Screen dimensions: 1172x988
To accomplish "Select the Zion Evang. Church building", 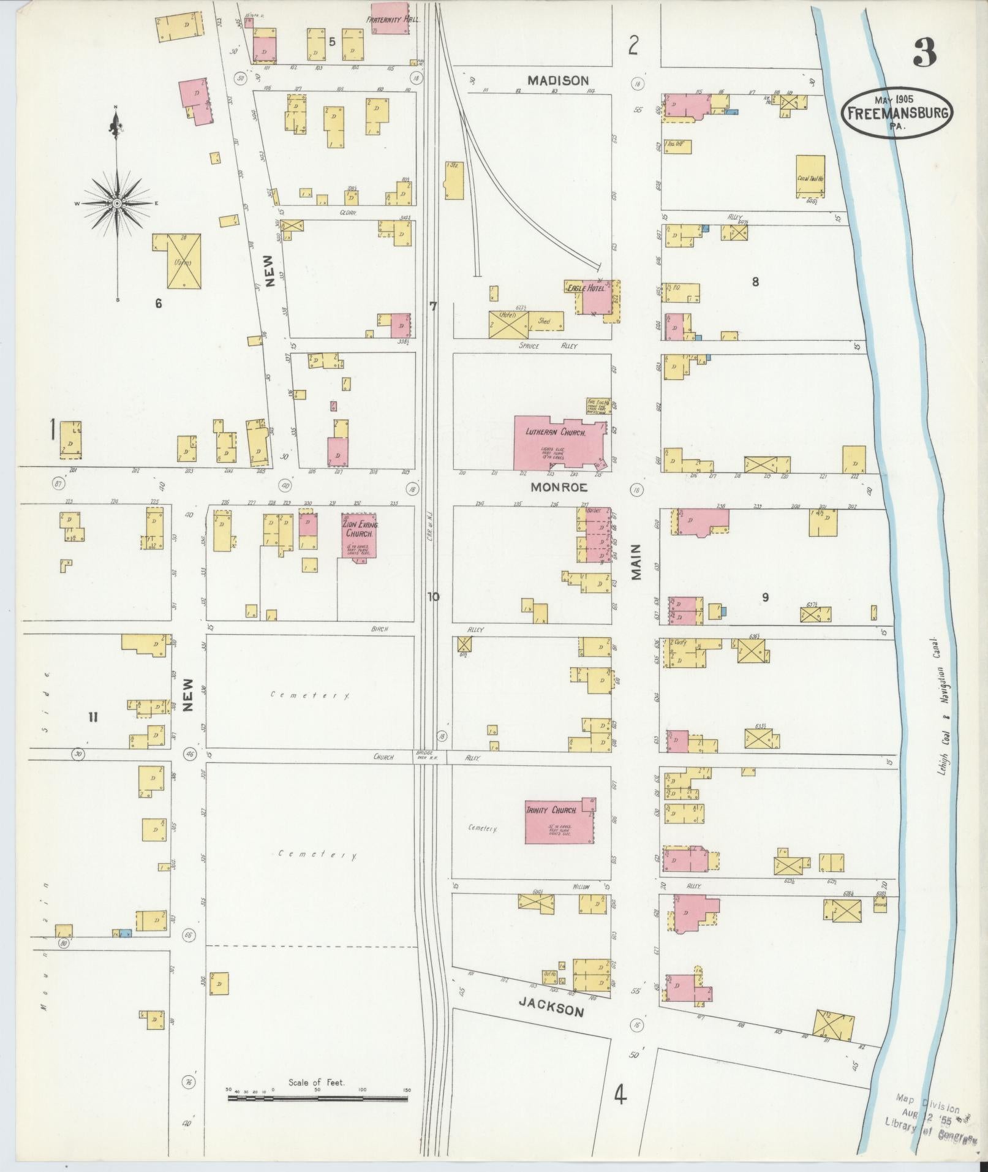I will pyautogui.click(x=359, y=535).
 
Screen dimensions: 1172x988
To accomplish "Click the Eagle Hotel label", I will pyautogui.click(x=586, y=287).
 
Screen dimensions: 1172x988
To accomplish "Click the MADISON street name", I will pyautogui.click(x=558, y=80).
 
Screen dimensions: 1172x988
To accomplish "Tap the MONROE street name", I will pyautogui.click(x=559, y=488).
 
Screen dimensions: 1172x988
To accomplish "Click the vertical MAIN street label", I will pyautogui.click(x=636, y=562).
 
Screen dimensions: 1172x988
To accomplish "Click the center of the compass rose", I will pyautogui.click(x=116, y=203).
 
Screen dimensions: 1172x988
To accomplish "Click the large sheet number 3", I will pyautogui.click(x=924, y=54).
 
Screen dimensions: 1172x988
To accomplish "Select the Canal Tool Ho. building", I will pyautogui.click(x=810, y=176).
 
